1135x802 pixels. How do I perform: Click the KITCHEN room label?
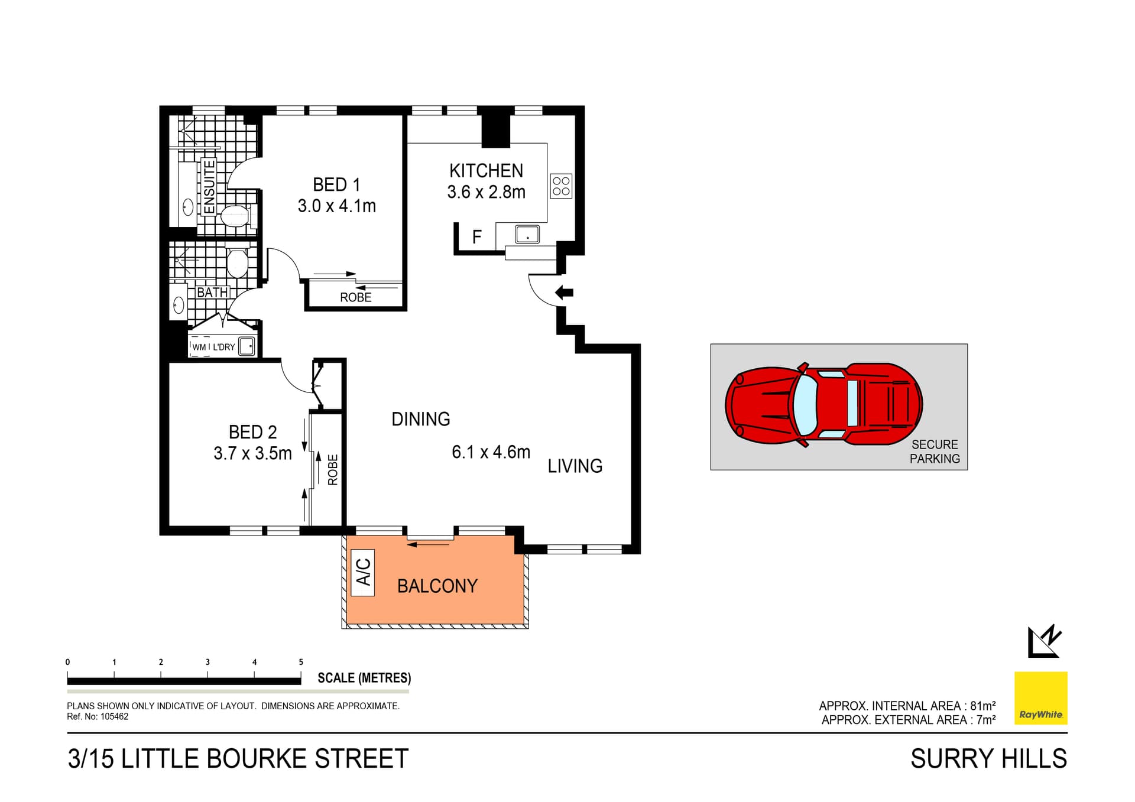click(x=486, y=171)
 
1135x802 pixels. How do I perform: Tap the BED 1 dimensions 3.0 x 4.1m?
click(x=336, y=206)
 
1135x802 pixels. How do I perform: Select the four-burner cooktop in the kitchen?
click(x=561, y=186)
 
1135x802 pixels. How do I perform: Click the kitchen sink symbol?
click(x=527, y=234)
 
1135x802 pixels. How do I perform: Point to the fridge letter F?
click(x=477, y=238)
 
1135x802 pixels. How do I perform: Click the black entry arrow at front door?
click(x=565, y=292)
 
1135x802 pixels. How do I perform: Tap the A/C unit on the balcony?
click(x=363, y=572)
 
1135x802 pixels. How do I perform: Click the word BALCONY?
click(x=437, y=586)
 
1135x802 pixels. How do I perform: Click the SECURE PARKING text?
click(x=934, y=452)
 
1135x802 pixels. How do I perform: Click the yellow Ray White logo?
click(x=1040, y=698)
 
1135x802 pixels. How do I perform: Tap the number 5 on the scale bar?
click(x=301, y=662)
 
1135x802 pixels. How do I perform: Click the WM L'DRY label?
click(x=213, y=347)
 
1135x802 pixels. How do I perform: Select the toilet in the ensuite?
click(x=235, y=216)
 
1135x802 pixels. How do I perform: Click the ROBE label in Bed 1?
click(x=355, y=297)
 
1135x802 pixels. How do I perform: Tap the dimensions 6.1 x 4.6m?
click(x=491, y=452)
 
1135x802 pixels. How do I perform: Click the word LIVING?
click(x=575, y=466)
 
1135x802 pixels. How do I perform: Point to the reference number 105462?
click(x=114, y=716)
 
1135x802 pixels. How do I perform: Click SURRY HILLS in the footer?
click(x=988, y=759)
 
